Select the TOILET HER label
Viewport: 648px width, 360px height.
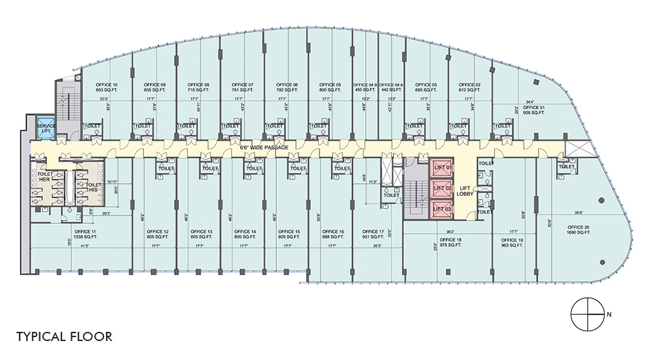coord(45,177)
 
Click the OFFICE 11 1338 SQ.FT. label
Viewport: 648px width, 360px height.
coord(85,234)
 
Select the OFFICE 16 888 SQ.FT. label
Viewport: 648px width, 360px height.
coord(333,234)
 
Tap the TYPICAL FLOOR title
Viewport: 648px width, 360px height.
coord(64,337)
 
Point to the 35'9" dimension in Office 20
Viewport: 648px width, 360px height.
coord(578,213)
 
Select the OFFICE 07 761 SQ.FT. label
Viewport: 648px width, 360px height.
coord(242,88)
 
